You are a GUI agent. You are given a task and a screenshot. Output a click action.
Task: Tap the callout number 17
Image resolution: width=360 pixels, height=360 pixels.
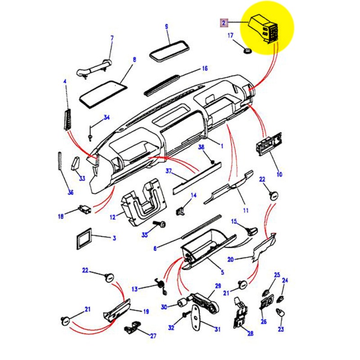[230, 35]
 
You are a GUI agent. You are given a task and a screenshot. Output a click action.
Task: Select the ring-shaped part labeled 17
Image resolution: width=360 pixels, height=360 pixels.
[247, 51]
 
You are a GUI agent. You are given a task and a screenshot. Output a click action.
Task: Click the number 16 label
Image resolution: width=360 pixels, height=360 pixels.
[205, 69]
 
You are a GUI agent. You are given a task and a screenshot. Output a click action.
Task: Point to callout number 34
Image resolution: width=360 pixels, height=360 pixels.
[107, 118]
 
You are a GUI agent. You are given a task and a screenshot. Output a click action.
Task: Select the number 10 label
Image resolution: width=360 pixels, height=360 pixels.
[279, 174]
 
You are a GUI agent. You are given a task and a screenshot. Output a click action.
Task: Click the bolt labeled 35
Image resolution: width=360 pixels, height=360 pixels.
[161, 224]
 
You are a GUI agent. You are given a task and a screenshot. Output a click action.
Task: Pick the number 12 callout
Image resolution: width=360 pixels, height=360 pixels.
[112, 217]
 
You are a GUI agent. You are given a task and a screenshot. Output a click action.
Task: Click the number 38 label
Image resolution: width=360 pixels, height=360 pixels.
[201, 147]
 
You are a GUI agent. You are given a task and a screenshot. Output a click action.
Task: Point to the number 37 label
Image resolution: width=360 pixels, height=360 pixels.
[169, 171]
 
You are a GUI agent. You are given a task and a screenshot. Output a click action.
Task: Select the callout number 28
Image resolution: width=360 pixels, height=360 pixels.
[250, 333]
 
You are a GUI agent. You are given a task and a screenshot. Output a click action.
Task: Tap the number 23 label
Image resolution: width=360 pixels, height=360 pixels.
[281, 329]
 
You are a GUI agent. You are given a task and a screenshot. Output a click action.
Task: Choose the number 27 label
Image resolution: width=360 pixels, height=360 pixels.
[153, 335]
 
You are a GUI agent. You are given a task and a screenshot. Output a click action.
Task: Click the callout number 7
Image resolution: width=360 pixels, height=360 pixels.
[112, 37]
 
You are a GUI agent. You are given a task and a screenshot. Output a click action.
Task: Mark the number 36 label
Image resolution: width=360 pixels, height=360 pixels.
[70, 193]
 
